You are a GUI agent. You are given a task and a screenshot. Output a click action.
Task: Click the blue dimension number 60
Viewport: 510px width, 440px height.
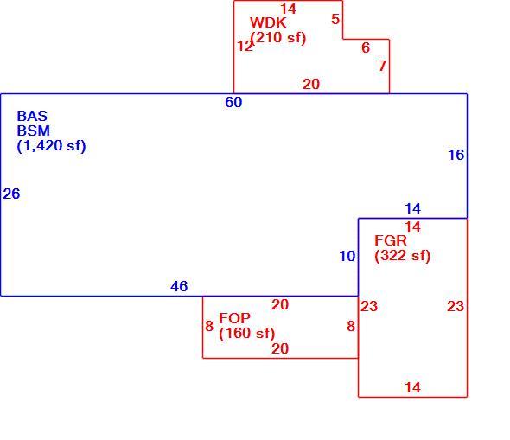click(x=233, y=103)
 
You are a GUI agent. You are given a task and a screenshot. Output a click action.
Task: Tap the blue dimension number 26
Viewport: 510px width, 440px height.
click(x=11, y=194)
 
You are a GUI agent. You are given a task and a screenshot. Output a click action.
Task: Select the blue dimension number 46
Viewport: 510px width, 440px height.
click(x=179, y=286)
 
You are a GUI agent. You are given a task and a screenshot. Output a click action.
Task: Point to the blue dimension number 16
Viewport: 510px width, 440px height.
click(x=456, y=155)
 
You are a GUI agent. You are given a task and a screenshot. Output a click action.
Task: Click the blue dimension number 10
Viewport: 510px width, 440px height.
click(x=347, y=256)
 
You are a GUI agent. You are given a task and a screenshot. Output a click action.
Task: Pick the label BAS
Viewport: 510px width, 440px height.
click(x=32, y=116)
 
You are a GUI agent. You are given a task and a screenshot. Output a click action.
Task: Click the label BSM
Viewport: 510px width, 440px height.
click(x=33, y=131)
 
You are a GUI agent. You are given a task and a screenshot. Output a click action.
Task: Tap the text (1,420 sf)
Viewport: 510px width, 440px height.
click(x=51, y=146)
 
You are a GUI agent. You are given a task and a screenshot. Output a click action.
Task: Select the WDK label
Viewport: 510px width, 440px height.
click(x=268, y=22)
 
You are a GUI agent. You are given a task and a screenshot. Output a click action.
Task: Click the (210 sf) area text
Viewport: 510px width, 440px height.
click(x=278, y=38)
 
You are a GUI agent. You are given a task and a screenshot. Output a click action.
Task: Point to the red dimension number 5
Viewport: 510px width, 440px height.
click(x=335, y=19)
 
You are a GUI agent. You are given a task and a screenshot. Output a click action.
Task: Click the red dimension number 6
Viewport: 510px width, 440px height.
click(x=366, y=48)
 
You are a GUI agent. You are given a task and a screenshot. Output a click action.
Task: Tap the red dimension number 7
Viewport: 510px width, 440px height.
click(x=382, y=66)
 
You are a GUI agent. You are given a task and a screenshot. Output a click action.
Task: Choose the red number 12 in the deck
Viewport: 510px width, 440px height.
click(x=245, y=46)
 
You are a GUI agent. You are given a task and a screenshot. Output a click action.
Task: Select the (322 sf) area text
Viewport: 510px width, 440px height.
click(x=402, y=256)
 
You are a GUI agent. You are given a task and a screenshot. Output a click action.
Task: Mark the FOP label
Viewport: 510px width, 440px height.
click(x=234, y=318)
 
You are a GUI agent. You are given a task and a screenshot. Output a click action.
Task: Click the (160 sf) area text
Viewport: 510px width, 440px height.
click(x=247, y=334)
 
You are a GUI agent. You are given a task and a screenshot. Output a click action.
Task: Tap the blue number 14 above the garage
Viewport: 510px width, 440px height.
click(x=412, y=208)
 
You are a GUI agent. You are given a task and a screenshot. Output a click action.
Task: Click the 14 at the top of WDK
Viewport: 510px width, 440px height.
click(x=288, y=9)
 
